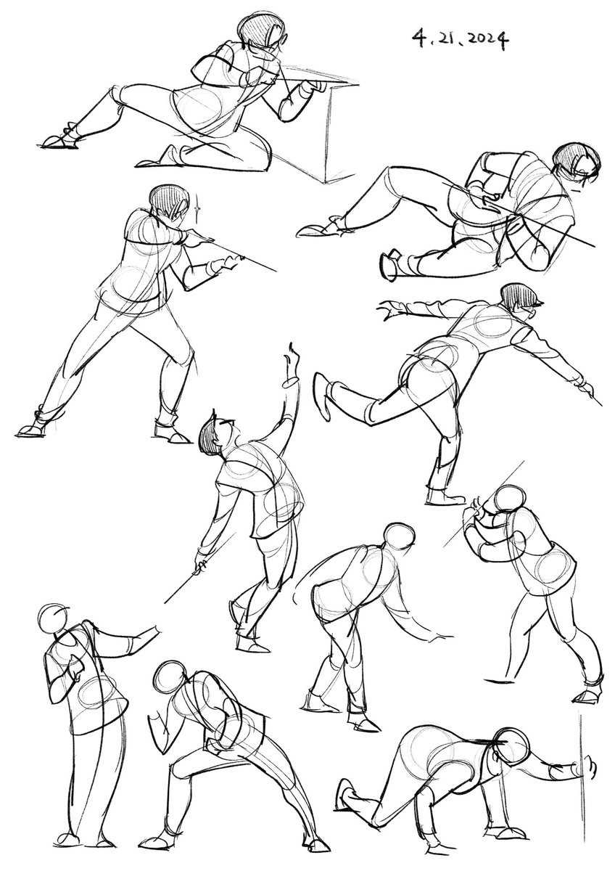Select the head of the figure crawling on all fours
(x=512, y=741)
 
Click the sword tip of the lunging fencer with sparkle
(x=275, y=270)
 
